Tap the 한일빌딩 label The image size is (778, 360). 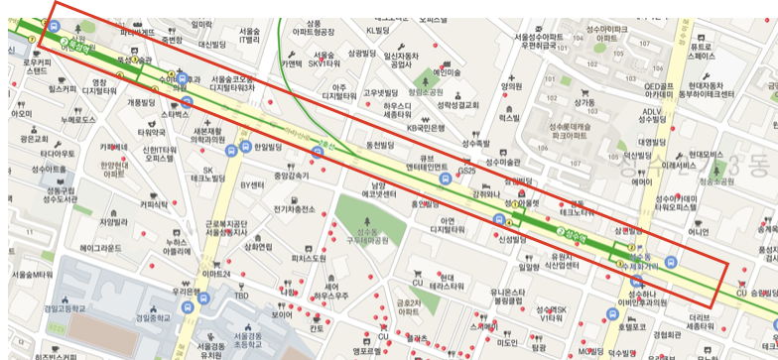click(x=268, y=146)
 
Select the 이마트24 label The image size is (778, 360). click(x=216, y=273)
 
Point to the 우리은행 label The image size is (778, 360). click(x=189, y=293)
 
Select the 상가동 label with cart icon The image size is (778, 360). click(x=583, y=101)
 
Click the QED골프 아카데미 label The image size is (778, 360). click(x=665, y=91)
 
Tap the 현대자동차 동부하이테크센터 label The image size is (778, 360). click(x=700, y=91)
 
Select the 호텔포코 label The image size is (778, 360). click(x=631, y=324)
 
